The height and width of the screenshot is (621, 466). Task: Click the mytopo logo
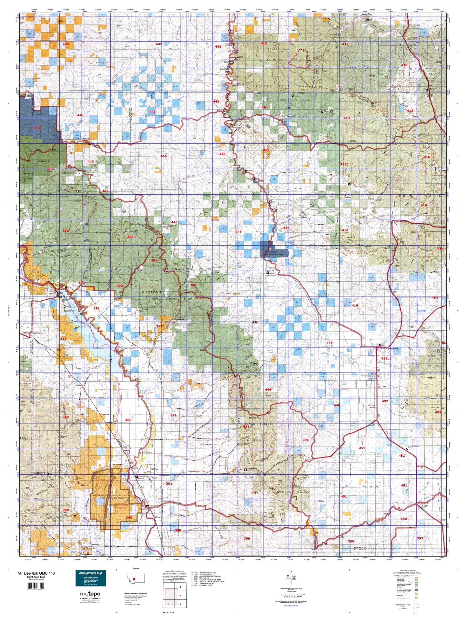click(90, 594)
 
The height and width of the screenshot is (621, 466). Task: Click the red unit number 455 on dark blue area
click(37, 128)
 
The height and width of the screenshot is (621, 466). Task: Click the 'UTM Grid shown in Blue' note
click(292, 606)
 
